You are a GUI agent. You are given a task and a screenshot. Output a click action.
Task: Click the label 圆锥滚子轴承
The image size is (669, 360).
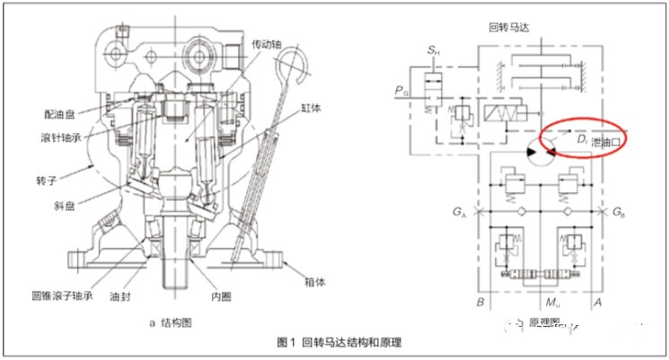pyautogui.click(x=62, y=295)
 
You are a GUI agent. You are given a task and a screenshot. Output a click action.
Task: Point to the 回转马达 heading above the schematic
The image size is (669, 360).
pyautogui.click(x=509, y=28)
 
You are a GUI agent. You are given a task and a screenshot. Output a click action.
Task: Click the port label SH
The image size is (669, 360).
pyautogui.click(x=434, y=50)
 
